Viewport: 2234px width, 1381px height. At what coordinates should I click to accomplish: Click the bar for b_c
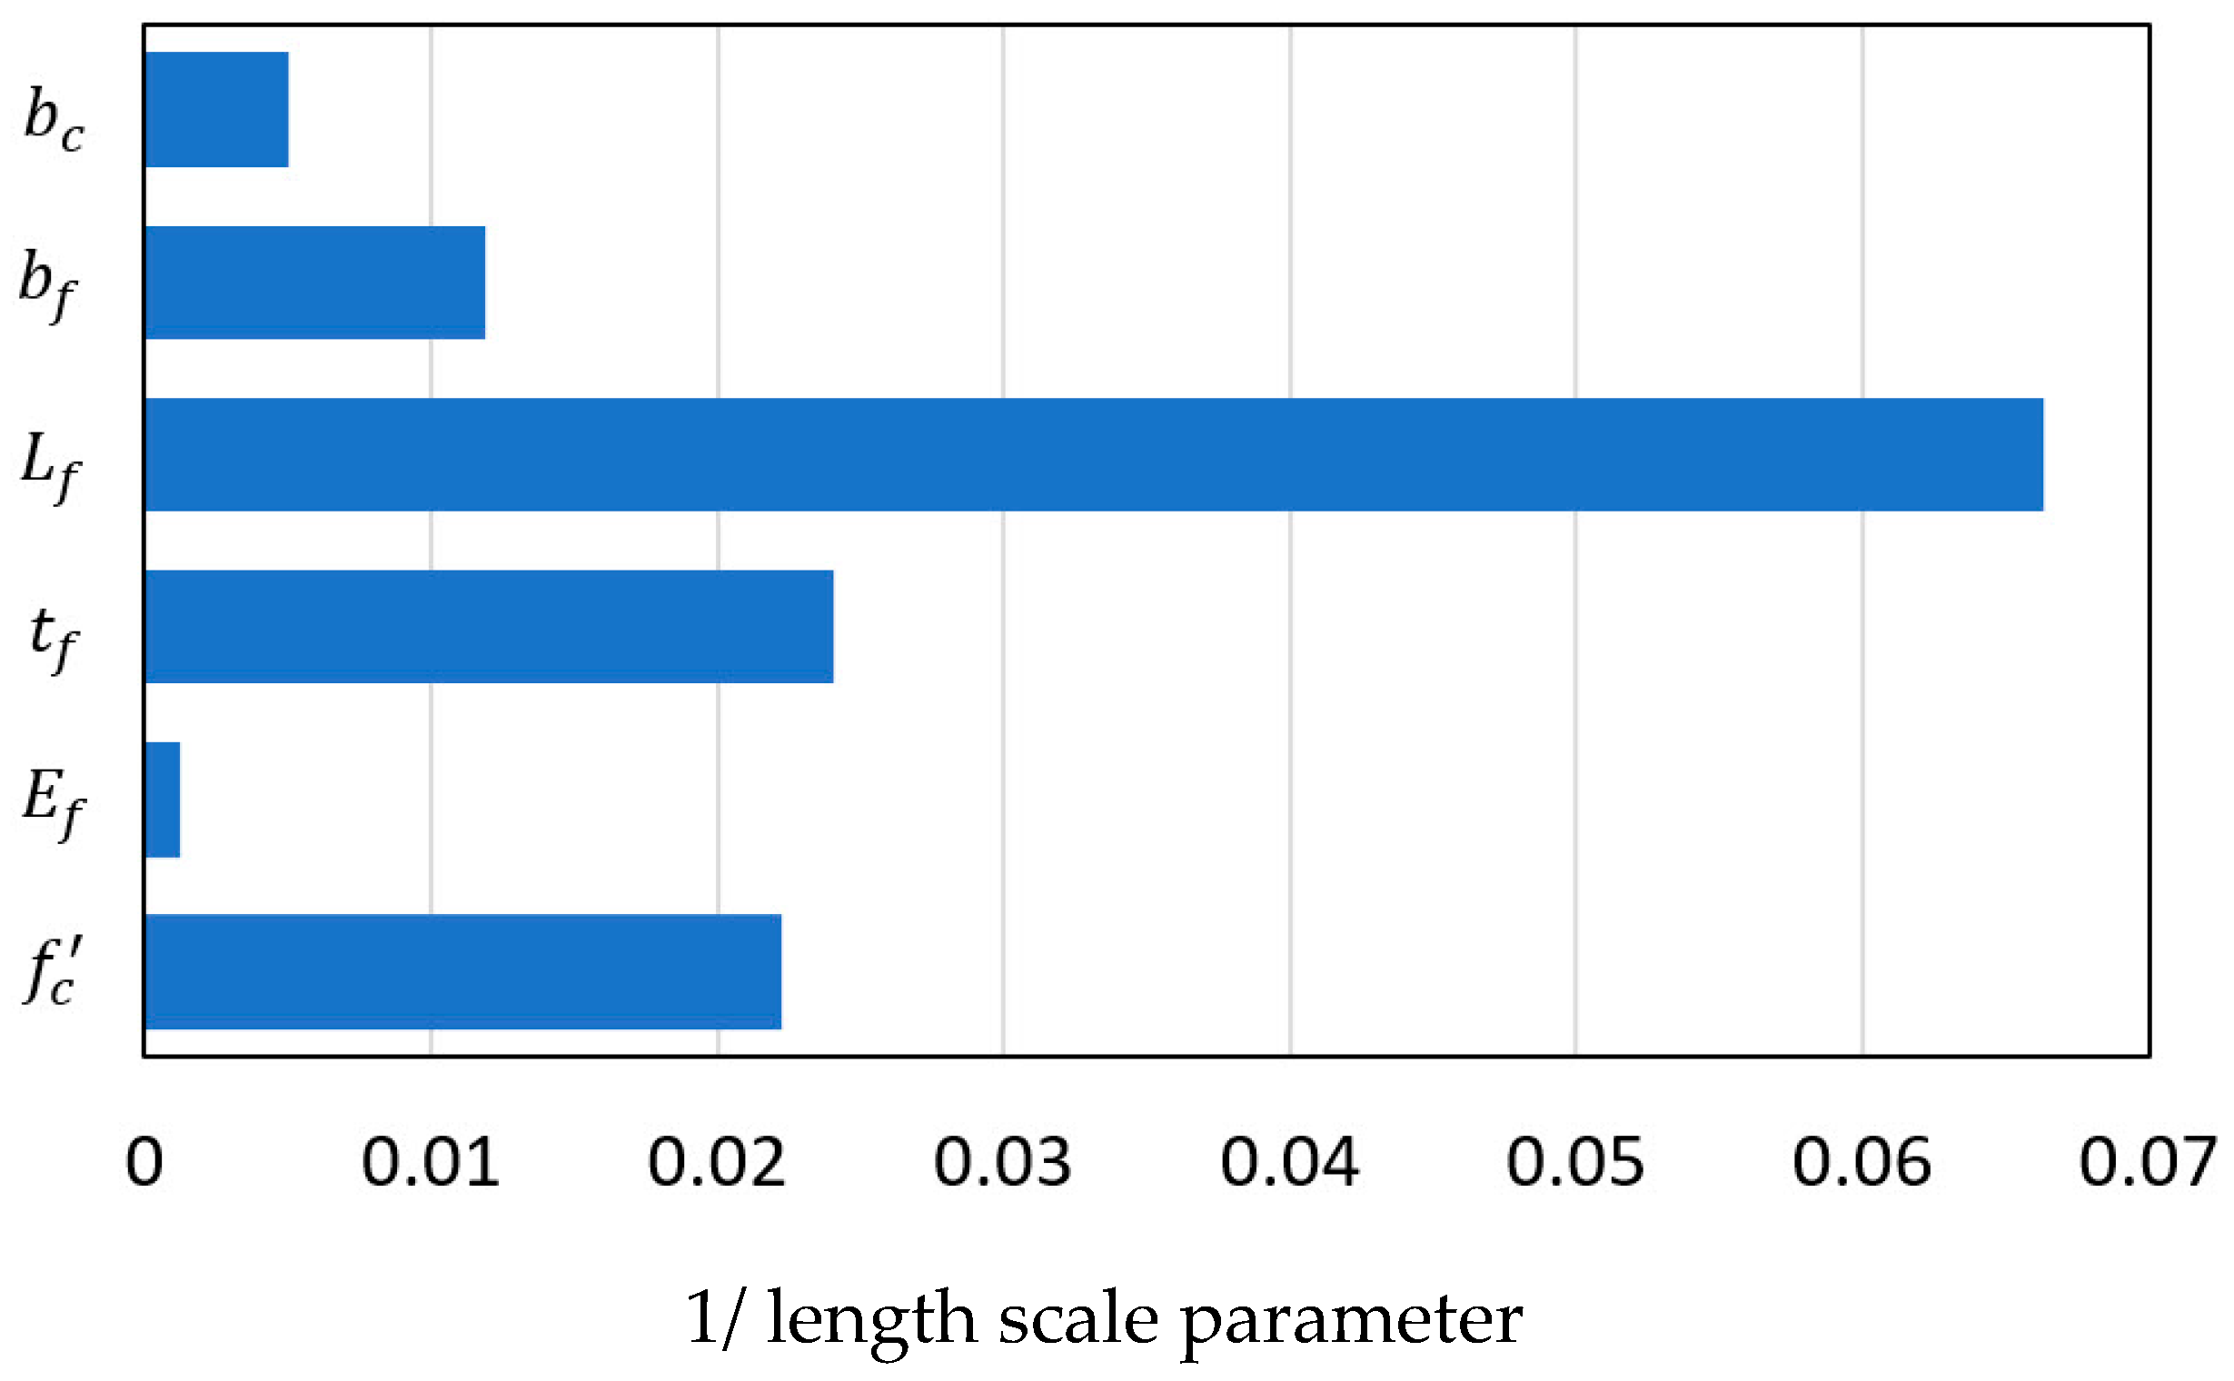(x=216, y=110)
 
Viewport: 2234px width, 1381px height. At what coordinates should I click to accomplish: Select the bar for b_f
(x=315, y=283)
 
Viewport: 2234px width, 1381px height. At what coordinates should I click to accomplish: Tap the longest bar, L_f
(x=1093, y=455)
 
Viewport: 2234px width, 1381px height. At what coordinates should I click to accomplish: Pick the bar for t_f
(x=489, y=627)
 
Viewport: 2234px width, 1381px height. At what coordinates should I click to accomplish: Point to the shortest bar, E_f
(x=163, y=800)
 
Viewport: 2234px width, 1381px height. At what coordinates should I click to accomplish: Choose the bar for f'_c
(x=463, y=972)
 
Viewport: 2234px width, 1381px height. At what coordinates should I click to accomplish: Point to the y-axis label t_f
(x=53, y=636)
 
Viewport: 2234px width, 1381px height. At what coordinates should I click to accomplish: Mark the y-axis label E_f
(x=53, y=802)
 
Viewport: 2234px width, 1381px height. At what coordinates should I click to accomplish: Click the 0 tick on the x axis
(x=144, y=1163)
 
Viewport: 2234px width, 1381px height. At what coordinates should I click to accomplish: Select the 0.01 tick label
(x=431, y=1163)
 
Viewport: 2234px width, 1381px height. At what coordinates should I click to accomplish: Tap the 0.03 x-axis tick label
(x=1003, y=1163)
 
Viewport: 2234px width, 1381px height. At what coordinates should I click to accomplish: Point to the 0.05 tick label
(x=1575, y=1163)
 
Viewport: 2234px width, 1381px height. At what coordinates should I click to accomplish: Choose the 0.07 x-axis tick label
(x=2149, y=1163)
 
